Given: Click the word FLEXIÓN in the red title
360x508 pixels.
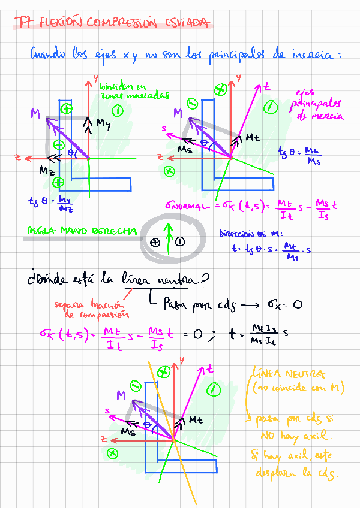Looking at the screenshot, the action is pyautogui.click(x=61, y=23).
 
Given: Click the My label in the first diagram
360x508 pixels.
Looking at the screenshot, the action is pyautogui.click(x=104, y=124).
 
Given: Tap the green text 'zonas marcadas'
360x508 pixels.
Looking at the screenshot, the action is pyautogui.click(x=134, y=95).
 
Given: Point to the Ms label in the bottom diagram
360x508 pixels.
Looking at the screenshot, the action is pyautogui.click(x=128, y=431).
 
